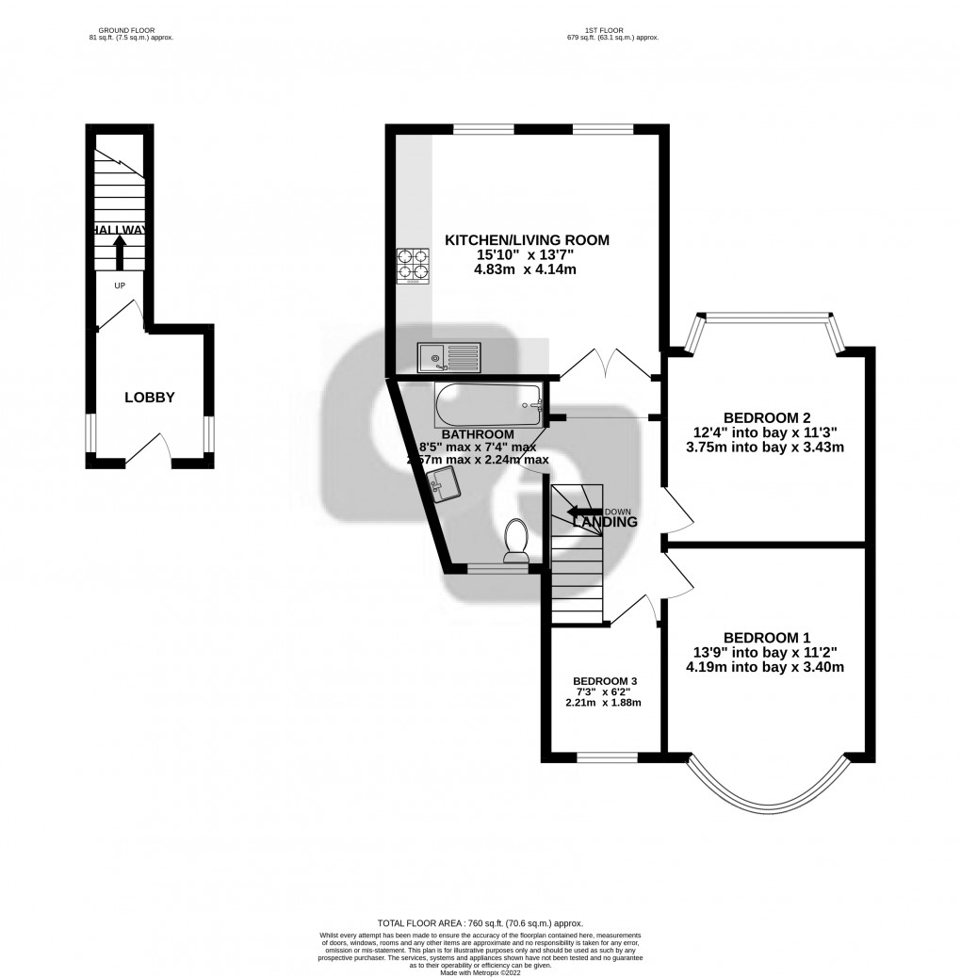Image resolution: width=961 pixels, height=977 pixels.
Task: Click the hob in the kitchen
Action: pos(412,265)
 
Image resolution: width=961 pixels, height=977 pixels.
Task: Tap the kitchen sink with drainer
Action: pos(449,356)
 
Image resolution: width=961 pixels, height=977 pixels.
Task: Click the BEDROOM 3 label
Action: pos(606,681)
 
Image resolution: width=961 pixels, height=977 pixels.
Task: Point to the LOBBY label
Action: pos(150,398)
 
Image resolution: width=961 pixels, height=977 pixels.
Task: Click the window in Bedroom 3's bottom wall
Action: pos(606,756)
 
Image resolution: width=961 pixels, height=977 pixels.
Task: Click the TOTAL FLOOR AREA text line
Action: pos(480,923)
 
